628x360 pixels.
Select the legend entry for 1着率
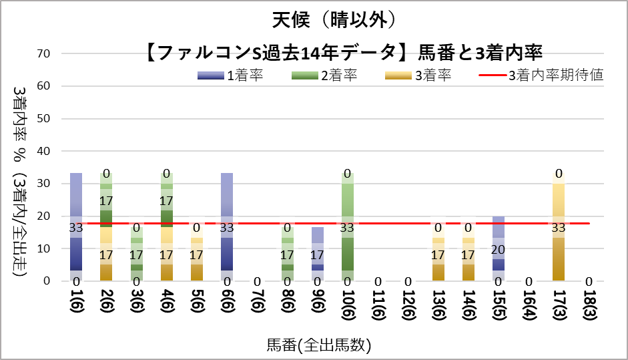(231, 75)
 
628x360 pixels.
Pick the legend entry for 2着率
(324, 75)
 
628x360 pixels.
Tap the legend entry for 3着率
(418, 75)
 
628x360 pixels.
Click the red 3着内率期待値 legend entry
(541, 75)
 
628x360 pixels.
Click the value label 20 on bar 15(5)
(498, 249)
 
